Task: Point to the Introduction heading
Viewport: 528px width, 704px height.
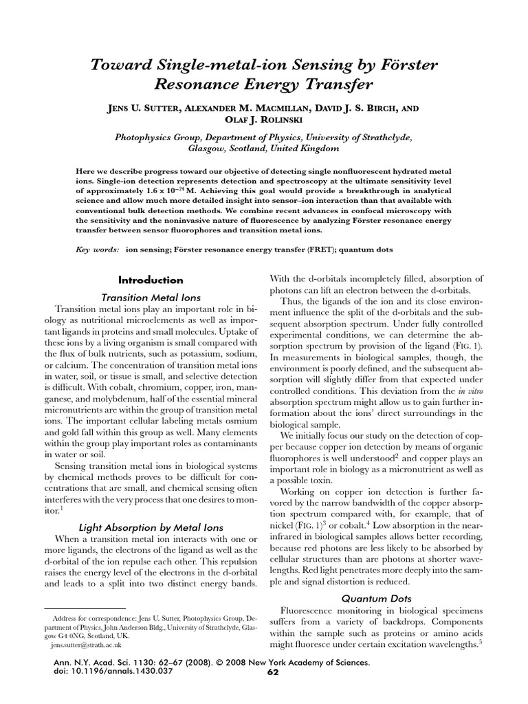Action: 151,280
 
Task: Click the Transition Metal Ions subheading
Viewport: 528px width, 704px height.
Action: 151,298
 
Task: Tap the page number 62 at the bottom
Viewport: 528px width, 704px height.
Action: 273,672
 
